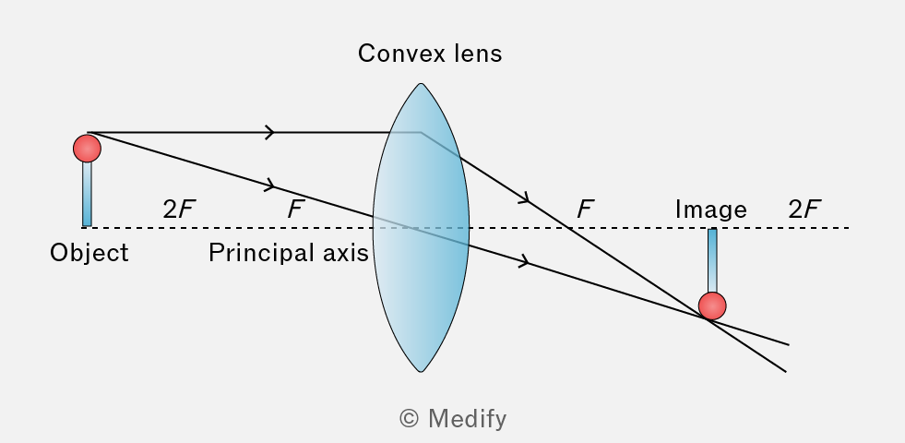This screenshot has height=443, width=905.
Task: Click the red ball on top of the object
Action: point(87,149)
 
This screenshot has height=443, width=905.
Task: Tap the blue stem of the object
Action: point(87,194)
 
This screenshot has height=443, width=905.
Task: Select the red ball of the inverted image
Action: point(712,306)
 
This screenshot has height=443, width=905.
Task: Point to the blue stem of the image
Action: point(712,260)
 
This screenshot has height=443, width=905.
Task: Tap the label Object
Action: point(89,253)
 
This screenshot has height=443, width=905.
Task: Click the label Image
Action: point(711,210)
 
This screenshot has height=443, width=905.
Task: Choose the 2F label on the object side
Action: point(177,210)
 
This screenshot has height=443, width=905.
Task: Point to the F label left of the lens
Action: point(295,210)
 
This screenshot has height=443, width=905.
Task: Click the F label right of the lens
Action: point(586,210)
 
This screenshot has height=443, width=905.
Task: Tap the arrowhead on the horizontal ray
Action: point(270,132)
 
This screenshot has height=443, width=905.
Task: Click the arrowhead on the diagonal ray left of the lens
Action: point(270,186)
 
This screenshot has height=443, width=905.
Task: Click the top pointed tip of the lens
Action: point(421,84)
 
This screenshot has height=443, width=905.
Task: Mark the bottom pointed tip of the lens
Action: point(421,370)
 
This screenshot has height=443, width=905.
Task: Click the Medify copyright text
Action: point(453,419)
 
